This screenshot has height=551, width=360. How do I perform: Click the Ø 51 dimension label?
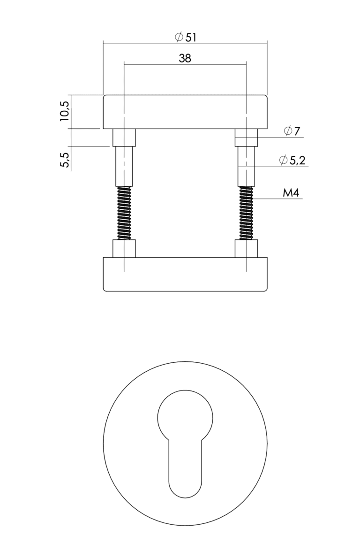click(186, 37)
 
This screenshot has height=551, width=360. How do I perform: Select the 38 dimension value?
click(185, 58)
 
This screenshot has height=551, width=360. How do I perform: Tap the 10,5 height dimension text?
click(65, 111)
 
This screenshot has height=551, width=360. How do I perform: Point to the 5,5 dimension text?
click(65, 160)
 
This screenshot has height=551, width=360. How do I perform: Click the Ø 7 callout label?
click(292, 131)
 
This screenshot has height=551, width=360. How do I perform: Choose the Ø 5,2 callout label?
click(292, 160)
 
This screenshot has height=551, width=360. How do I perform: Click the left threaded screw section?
click(124, 213)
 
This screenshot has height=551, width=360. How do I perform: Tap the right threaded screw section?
click(246, 213)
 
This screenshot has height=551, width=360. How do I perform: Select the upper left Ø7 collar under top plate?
click(124, 138)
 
